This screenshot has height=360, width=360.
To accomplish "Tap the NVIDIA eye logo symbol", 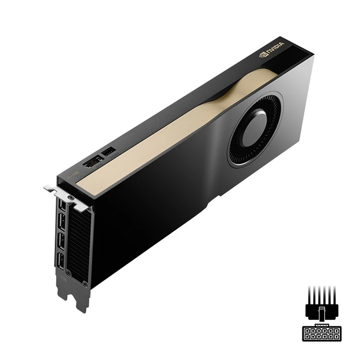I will pos(263,52).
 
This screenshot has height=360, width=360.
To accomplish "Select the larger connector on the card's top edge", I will pos(93,161).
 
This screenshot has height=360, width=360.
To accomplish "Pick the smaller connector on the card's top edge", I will pos(109,152).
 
